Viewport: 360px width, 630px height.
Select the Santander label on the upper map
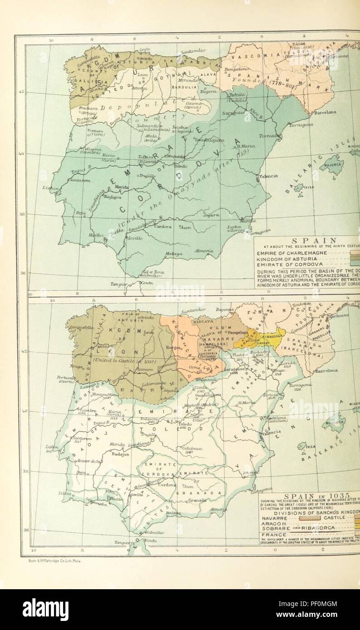194,51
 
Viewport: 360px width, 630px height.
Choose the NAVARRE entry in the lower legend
275,517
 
